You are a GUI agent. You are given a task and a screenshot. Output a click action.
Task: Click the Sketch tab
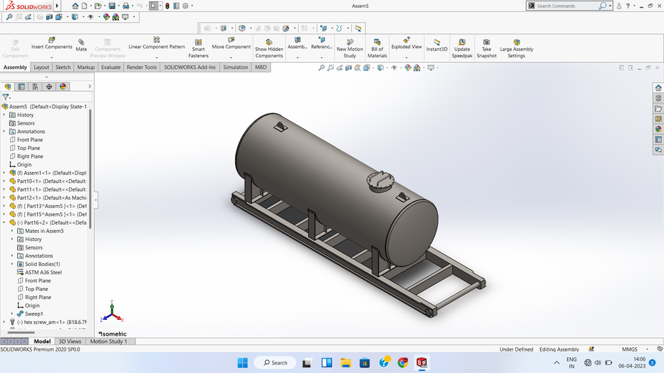(63, 68)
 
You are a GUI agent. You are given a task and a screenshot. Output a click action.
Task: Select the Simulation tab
(235, 68)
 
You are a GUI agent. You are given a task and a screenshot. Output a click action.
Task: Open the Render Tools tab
(141, 68)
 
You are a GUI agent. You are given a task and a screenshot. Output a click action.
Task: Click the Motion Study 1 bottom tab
(109, 341)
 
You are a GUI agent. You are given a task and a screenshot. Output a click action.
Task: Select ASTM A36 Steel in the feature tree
(43, 272)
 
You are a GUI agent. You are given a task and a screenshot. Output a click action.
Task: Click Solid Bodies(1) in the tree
(42, 264)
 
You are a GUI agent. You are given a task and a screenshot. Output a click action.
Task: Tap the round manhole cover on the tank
(379, 182)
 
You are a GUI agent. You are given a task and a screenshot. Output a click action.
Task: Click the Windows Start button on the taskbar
(243, 363)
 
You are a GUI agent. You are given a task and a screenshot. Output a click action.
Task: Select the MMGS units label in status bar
(630, 350)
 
